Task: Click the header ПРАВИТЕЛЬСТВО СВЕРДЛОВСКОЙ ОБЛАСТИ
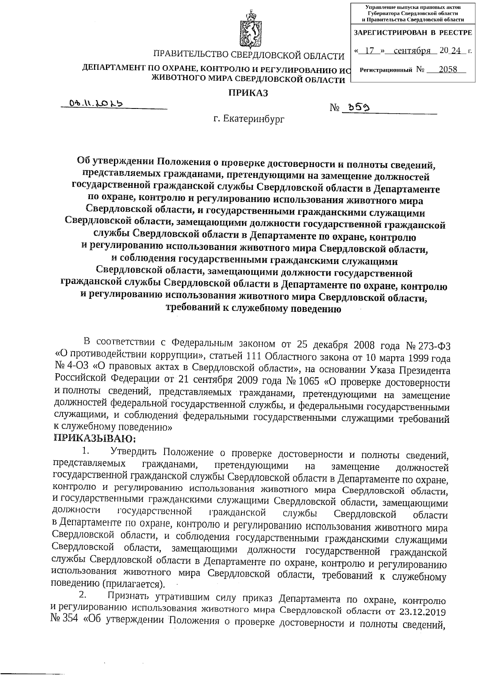tap(249, 55)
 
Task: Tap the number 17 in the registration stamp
tap(370, 51)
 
